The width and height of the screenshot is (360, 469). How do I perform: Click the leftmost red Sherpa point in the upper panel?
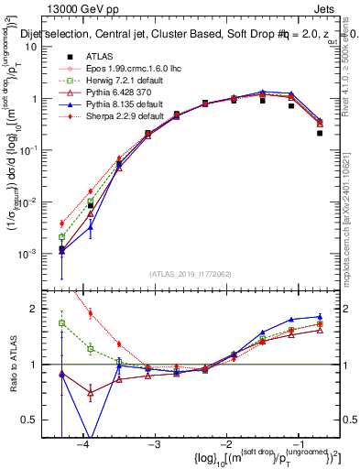(61, 224)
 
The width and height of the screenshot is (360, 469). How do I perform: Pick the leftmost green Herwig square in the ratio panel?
(61, 322)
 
